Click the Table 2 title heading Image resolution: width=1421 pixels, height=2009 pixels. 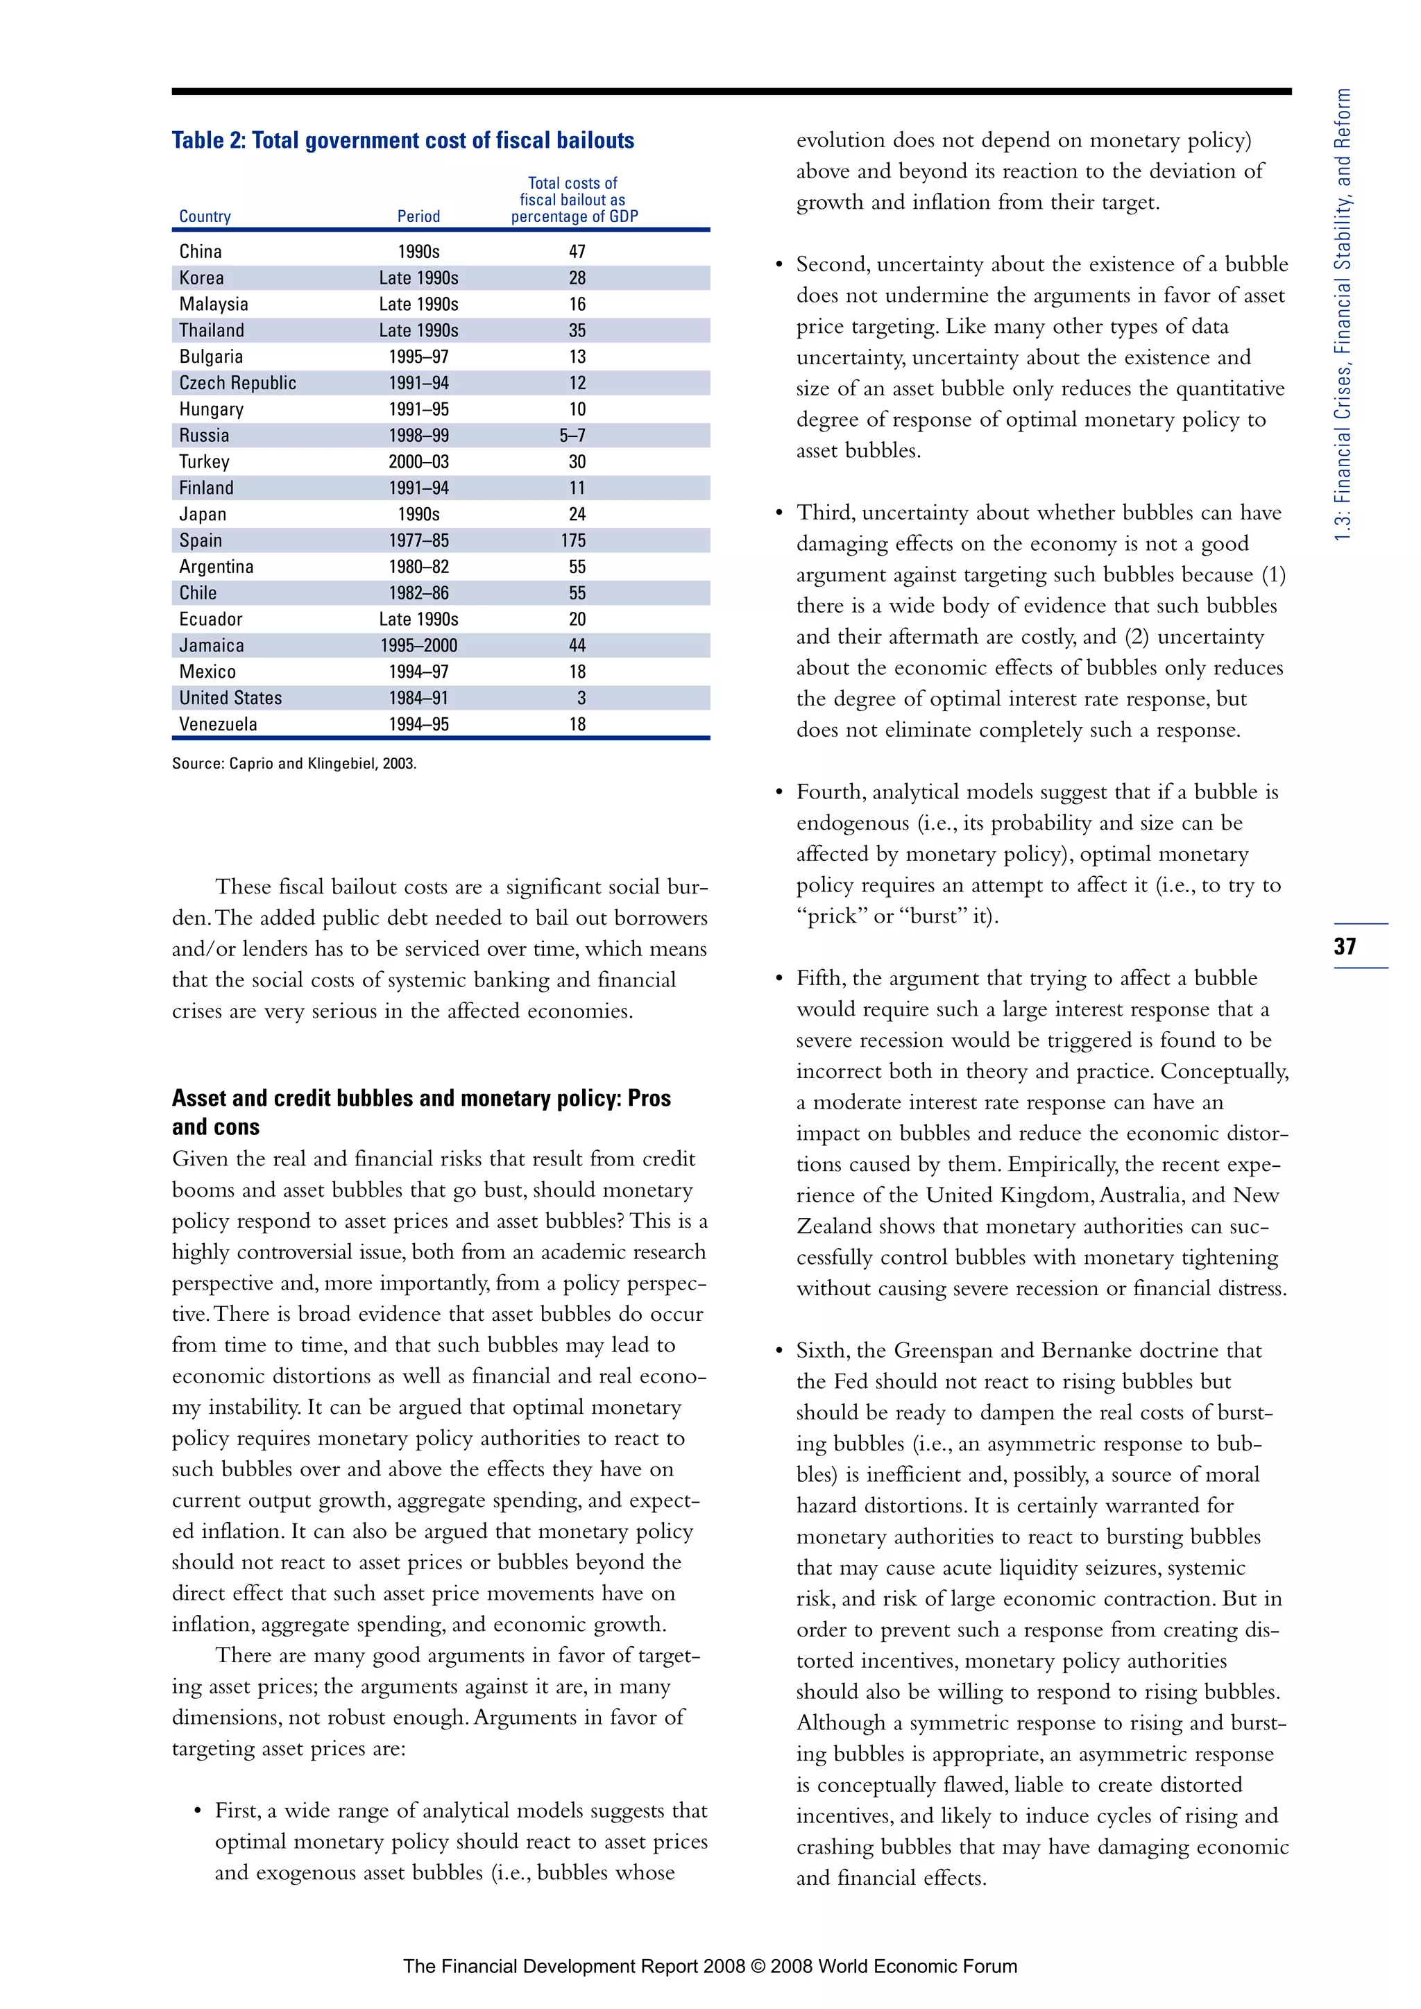(x=402, y=141)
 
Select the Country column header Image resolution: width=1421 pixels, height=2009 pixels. (x=205, y=216)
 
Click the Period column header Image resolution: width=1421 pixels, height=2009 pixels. (x=418, y=216)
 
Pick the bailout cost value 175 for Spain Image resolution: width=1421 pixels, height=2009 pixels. (x=574, y=540)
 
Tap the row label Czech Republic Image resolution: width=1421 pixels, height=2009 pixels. (x=237, y=383)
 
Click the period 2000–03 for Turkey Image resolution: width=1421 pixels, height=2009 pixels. (x=418, y=462)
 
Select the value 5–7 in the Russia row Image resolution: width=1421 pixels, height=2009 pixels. (x=573, y=436)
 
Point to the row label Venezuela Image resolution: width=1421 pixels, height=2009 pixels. (x=218, y=724)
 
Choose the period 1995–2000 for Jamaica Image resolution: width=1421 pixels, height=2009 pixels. (x=418, y=646)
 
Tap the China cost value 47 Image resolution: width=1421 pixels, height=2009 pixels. (x=577, y=252)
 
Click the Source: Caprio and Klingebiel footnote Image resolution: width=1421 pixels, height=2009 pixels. (x=294, y=763)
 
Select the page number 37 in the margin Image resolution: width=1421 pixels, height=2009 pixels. (x=1345, y=946)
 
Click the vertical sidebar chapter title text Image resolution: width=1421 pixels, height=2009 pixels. (x=1343, y=315)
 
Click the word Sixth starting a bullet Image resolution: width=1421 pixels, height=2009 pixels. (x=822, y=1351)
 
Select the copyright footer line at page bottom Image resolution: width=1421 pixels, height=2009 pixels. (x=710, y=1966)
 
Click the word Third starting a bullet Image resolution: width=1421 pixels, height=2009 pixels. (x=825, y=513)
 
